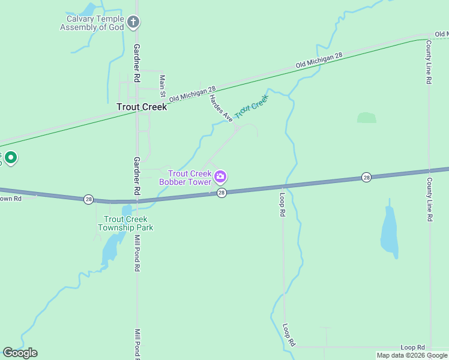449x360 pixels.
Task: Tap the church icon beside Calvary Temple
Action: tap(133, 23)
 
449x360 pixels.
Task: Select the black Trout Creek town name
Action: tap(141, 107)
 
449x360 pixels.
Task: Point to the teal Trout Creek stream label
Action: tap(251, 106)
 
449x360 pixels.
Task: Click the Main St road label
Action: tap(162, 86)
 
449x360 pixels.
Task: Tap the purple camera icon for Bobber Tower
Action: tap(220, 176)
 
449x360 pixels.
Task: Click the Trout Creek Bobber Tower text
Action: tap(185, 178)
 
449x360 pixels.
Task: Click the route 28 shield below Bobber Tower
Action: tap(221, 193)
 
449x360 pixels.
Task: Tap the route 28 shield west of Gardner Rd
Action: tap(89, 199)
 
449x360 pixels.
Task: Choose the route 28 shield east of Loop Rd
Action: tap(366, 177)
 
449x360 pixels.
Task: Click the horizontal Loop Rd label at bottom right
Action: tap(412, 347)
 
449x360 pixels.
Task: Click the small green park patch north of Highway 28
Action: tap(366, 118)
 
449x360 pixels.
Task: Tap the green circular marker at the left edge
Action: tap(10, 158)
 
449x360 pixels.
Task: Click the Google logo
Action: tap(20, 353)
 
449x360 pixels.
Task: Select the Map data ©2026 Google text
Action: tap(412, 355)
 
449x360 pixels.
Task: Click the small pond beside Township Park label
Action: tap(127, 211)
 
